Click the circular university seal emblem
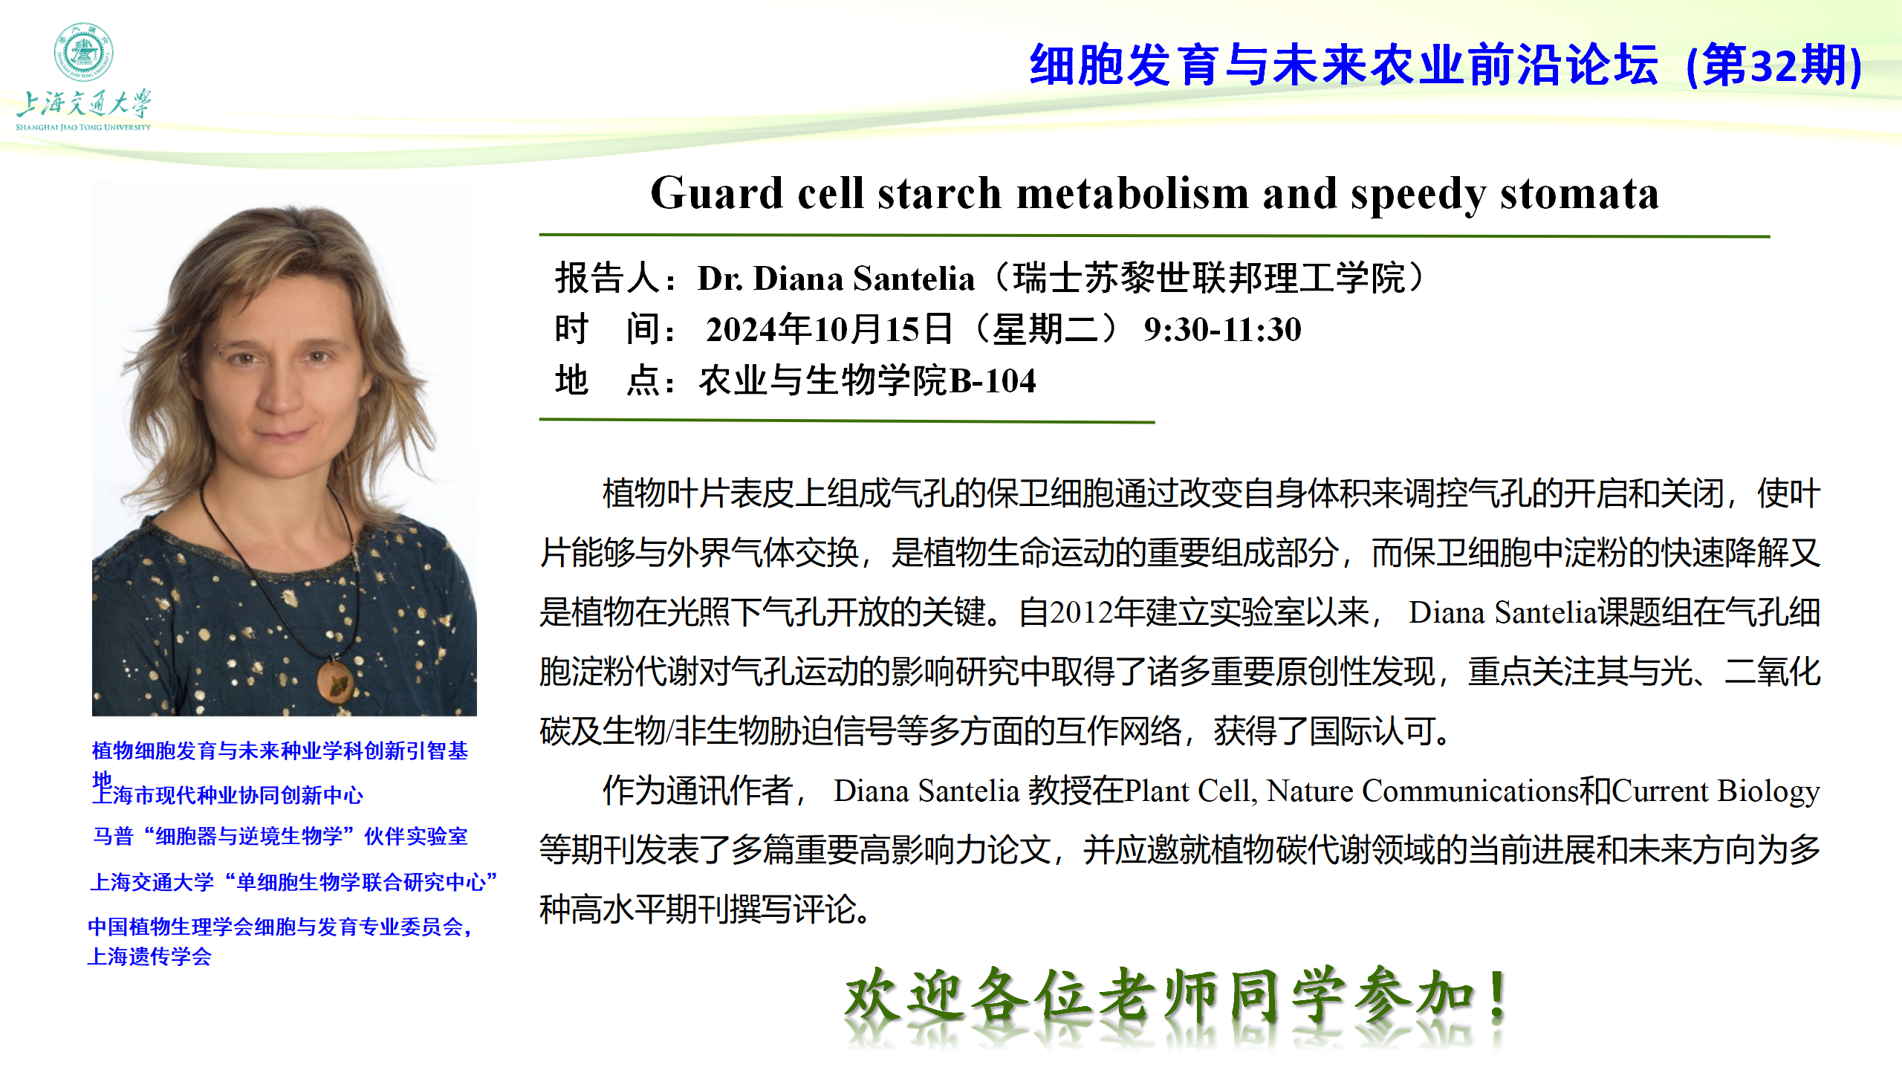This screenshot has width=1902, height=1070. tap(83, 52)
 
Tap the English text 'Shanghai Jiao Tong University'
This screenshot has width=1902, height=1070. tap(83, 127)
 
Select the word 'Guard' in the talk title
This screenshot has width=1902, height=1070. tap(716, 193)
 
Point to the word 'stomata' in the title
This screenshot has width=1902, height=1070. tap(1580, 194)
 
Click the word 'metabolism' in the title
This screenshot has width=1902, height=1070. tap(1133, 193)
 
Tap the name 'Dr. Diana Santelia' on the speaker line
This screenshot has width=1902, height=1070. tap(836, 279)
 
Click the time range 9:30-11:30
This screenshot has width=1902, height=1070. tap(1222, 329)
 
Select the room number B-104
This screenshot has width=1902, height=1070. tap(993, 380)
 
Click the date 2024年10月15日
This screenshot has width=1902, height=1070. tap(829, 329)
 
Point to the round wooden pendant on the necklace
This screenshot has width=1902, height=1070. tap(335, 680)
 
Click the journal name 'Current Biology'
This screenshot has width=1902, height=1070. tap(1716, 791)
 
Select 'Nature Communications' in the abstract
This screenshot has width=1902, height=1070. tap(1422, 791)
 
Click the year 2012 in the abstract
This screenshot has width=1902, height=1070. tap(1081, 612)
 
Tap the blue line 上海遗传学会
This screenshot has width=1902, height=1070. tap(149, 956)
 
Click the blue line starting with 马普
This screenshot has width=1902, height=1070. tap(280, 837)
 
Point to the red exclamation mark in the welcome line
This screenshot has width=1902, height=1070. tap(1499, 996)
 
